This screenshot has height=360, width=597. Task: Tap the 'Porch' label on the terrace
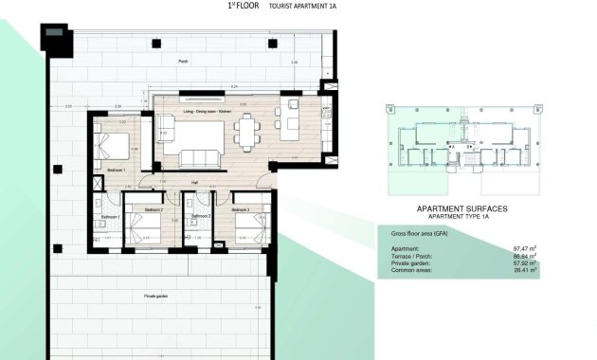(183, 62)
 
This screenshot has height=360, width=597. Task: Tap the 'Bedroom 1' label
(116, 170)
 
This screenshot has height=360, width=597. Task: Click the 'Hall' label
(193, 182)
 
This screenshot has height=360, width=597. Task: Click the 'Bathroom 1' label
(108, 217)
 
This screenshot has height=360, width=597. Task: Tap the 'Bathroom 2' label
(199, 217)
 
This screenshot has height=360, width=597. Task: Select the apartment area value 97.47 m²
(524, 248)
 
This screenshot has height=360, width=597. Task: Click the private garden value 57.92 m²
(524, 262)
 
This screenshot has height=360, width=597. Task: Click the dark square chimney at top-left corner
(54, 38)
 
